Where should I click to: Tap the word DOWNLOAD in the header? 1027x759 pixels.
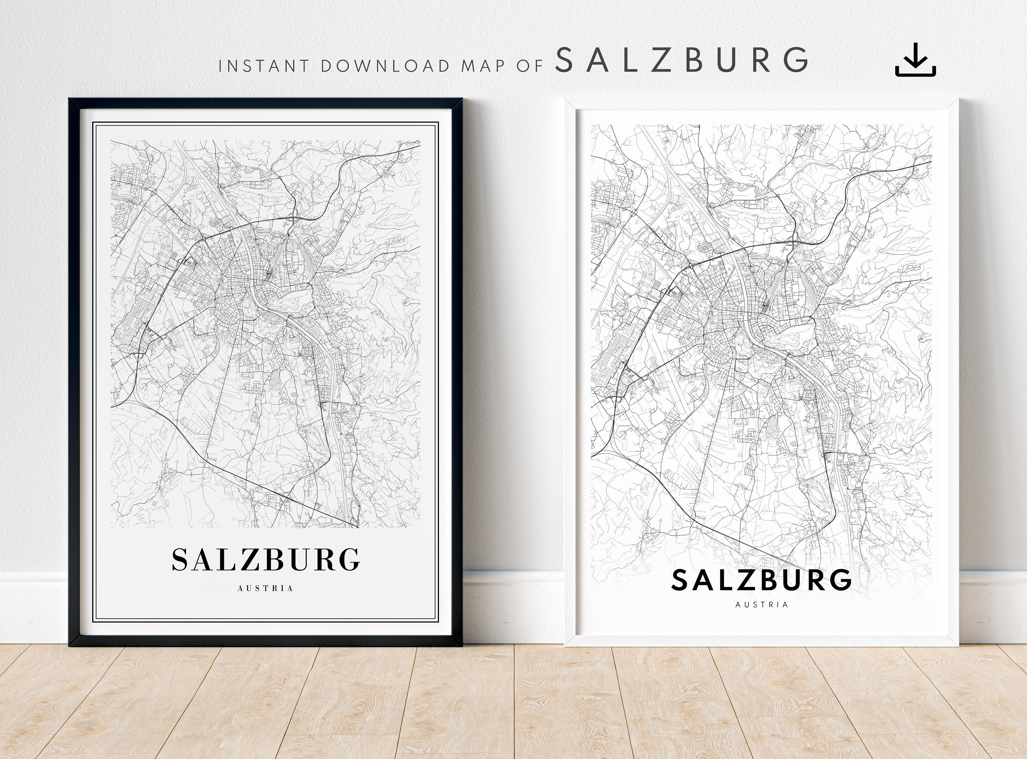[x=385, y=66]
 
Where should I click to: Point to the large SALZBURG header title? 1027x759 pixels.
[x=682, y=60]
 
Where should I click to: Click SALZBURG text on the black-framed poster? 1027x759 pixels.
[x=266, y=559]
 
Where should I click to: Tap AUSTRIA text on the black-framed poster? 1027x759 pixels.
[x=266, y=588]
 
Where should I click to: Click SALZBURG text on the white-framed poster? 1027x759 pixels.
[x=761, y=580]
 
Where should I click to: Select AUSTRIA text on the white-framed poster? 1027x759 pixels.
[x=761, y=605]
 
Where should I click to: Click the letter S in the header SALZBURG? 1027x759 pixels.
[x=564, y=60]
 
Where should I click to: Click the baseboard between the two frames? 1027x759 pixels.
[x=513, y=606]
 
